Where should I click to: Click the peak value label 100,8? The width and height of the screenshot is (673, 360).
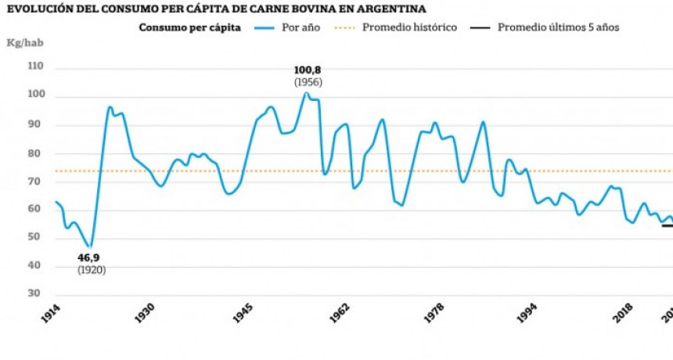pyautogui.click(x=308, y=70)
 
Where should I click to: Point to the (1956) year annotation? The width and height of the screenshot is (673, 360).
pyautogui.click(x=308, y=82)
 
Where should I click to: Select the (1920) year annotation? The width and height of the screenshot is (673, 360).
pyautogui.click(x=92, y=270)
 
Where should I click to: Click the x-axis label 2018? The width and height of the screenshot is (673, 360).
pyautogui.click(x=623, y=314)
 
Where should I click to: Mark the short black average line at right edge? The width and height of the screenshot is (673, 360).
pyautogui.click(x=667, y=225)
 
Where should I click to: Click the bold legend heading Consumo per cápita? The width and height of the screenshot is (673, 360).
pyautogui.click(x=189, y=27)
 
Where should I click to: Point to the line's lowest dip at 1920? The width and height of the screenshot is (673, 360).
pyautogui.click(x=90, y=247)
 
